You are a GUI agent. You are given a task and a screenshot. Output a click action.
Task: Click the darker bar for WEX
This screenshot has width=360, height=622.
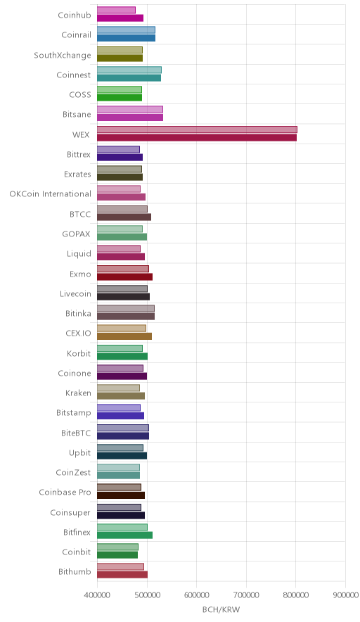coord(197,138)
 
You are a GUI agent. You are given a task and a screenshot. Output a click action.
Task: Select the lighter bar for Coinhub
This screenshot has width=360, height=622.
coord(116,10)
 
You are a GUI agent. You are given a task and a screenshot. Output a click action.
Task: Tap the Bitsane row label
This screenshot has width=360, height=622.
coord(77,114)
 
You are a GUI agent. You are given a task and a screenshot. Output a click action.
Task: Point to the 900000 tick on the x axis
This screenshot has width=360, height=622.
coord(345,595)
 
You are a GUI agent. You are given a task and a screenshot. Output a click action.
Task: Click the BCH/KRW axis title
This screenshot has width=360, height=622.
coord(221,609)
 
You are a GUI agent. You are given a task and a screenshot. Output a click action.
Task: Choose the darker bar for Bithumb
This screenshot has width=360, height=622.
coord(122,574)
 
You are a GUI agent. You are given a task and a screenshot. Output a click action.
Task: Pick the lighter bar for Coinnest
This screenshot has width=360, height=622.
coord(129,70)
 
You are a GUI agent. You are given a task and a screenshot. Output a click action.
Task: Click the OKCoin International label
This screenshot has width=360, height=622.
coord(51,194)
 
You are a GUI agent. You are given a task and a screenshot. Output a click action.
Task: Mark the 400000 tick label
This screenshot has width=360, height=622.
coord(97,595)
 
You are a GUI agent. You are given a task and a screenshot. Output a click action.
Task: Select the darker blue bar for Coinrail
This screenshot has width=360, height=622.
coord(126,38)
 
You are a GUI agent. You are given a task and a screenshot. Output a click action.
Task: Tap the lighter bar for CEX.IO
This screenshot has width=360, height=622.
coord(122,328)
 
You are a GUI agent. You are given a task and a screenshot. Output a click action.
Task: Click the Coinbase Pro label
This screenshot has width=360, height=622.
coord(65,493)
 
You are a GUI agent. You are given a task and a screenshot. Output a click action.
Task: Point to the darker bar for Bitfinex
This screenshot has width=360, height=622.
coord(125,535)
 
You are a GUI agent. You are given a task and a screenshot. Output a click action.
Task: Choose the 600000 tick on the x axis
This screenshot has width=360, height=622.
coord(197,595)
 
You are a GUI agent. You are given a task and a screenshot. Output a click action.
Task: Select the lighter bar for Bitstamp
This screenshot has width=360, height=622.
coord(119,407)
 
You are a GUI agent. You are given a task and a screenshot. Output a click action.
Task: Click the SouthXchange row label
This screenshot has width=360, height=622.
coord(63,55)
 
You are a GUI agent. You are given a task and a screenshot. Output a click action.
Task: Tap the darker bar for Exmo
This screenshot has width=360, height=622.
coord(125,277)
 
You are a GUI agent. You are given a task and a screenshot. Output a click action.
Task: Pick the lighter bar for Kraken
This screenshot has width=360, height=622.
coord(118,388)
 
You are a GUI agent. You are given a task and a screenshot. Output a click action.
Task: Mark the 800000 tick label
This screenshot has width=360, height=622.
coord(296,595)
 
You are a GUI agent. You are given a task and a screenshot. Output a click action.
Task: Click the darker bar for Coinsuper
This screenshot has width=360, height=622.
coord(121,515)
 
